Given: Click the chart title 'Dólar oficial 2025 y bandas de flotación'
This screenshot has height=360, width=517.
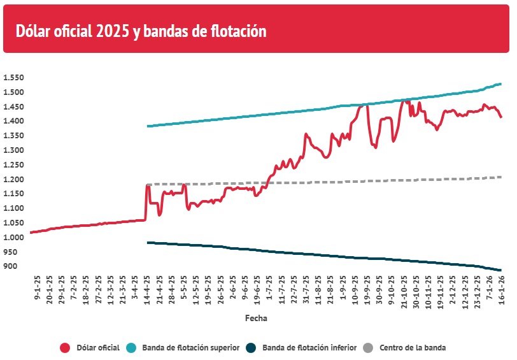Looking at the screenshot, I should coord(140,31).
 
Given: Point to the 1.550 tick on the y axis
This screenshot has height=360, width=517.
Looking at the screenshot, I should coord(13,78).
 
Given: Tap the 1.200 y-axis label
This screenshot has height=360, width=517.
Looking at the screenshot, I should coord(13,180).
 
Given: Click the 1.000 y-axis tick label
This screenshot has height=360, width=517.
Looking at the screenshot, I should coord(13,238).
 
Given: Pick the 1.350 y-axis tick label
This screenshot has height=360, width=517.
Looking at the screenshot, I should coord(13,136).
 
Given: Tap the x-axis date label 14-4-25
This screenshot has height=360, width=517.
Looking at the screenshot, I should coord(147,291).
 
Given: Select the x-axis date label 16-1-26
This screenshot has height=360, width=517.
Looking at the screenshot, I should coord(502,291).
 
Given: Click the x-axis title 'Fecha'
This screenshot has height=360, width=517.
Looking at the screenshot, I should coord(256,317).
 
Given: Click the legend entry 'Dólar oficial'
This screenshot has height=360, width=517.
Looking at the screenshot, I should coord(98,348).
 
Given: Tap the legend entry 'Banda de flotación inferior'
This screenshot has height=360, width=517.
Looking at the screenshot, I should coord(309,348).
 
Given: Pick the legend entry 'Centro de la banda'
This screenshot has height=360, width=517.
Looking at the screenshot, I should coord(413,348).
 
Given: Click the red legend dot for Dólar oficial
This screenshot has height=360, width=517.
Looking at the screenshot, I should coord(65,348).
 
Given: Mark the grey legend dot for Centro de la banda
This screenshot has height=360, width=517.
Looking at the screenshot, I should coord(368,348).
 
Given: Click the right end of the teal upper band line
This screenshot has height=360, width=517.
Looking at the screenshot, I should coord(501,84).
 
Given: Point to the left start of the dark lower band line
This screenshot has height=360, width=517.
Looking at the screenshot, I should coord(148,243).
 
